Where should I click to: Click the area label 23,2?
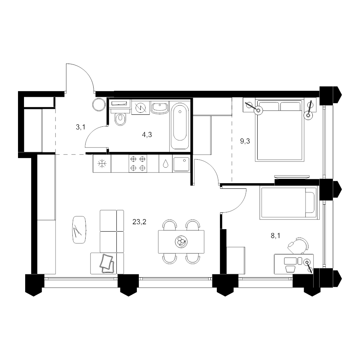pyautogui.click(x=139, y=222)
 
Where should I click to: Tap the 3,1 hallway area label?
pyautogui.click(x=80, y=127)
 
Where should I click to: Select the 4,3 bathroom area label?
pyautogui.click(x=147, y=134)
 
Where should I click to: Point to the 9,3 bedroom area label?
pyautogui.click(x=245, y=141)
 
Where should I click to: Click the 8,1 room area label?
pyautogui.click(x=276, y=236)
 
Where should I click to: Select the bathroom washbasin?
pyautogui.click(x=160, y=108)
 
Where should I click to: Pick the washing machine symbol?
pyautogui.click(x=141, y=108)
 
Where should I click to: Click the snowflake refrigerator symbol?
pyautogui.click(x=102, y=164)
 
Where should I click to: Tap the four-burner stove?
pyautogui.click(x=138, y=164)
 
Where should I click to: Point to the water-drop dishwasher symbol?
pyautogui.click(x=165, y=163)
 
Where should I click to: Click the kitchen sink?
pyautogui.click(x=181, y=164)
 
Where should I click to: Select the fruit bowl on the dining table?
pyautogui.click(x=181, y=242)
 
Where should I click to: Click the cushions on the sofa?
pyautogui.click(x=107, y=264)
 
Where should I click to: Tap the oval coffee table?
pyautogui.click(x=79, y=230)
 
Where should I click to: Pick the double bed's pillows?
pyautogui.click(x=279, y=106)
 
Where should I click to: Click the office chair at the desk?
pyautogui.click(x=298, y=246)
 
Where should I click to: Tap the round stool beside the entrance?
pyautogui.click(x=99, y=105)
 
